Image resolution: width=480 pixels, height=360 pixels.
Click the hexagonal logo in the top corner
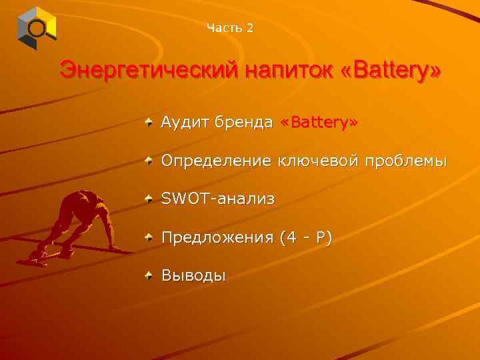click(x=37, y=28)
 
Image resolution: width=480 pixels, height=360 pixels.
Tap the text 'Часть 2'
click(x=230, y=27)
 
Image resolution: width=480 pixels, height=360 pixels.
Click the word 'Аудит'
click(x=182, y=123)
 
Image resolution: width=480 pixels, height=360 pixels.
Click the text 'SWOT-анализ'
click(x=217, y=199)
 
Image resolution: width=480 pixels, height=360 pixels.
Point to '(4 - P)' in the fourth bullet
click(x=306, y=237)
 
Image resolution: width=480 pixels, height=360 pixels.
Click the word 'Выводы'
click(x=193, y=275)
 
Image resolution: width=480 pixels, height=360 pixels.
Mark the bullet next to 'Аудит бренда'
click(x=149, y=122)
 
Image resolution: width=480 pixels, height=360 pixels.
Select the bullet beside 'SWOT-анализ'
click(x=149, y=198)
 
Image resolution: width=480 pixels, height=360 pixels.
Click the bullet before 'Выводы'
click(x=149, y=274)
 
